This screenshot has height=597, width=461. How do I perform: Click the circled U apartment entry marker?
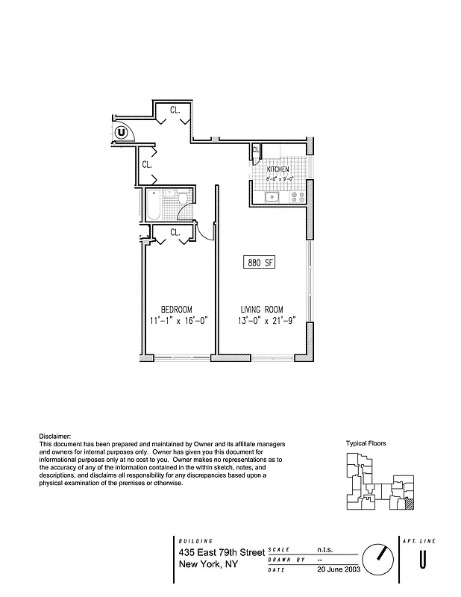[x=122, y=133]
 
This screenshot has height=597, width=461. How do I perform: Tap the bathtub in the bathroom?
[x=154, y=204]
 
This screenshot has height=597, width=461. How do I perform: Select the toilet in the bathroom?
[x=182, y=198]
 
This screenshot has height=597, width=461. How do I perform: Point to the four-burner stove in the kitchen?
[x=298, y=197]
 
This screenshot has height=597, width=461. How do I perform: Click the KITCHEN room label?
[x=278, y=170]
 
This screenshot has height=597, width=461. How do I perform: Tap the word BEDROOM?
[x=177, y=310]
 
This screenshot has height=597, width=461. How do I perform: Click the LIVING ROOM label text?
[x=261, y=310]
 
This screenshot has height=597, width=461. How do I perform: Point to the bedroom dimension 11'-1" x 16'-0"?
[x=178, y=321]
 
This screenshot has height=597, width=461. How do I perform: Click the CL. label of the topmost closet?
[x=175, y=110]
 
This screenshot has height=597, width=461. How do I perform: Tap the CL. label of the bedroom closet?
[x=175, y=232]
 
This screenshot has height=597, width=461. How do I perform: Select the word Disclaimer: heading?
[x=54, y=436]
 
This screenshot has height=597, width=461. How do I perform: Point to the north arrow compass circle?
[x=378, y=557]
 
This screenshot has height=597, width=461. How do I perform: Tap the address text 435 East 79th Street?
[x=222, y=552]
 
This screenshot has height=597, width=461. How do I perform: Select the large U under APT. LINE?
[x=423, y=559]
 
